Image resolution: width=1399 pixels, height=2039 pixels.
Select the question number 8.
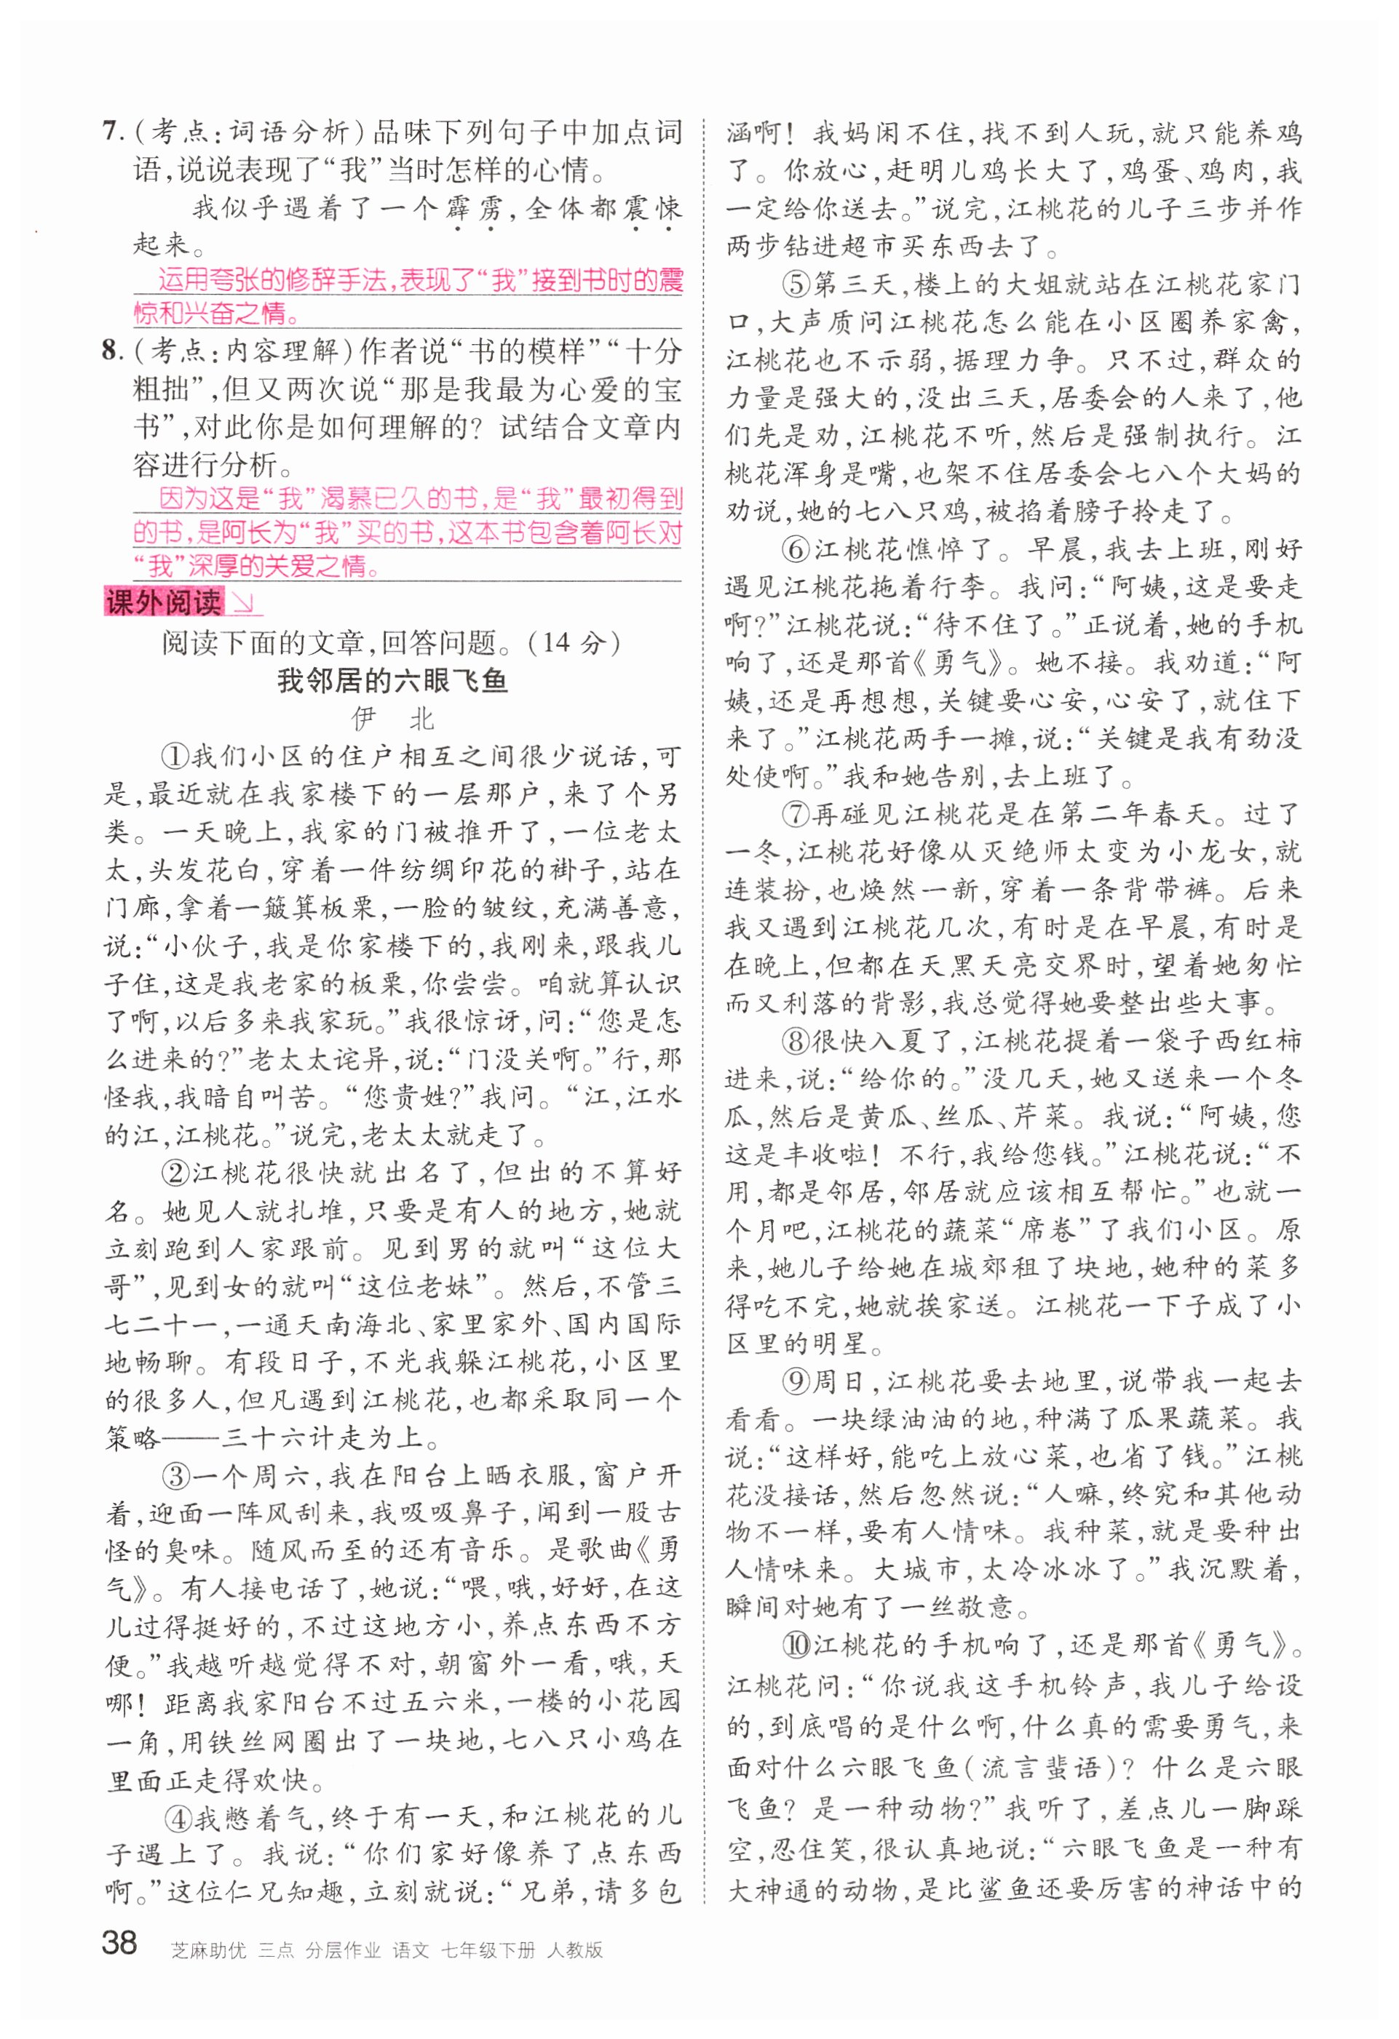tap(110, 352)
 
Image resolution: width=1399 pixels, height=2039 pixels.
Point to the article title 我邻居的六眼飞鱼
tap(392, 680)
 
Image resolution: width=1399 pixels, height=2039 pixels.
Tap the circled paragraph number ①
tap(175, 757)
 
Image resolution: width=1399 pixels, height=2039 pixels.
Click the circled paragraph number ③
tap(175, 1476)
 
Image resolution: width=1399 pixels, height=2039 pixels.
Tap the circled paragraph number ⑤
tap(796, 285)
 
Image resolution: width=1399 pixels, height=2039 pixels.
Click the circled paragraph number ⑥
tap(796, 550)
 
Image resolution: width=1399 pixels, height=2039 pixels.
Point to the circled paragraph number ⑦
tap(796, 814)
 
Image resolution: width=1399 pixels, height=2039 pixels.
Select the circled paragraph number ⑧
tap(796, 1042)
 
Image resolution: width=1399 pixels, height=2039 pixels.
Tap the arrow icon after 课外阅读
tap(243, 603)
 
